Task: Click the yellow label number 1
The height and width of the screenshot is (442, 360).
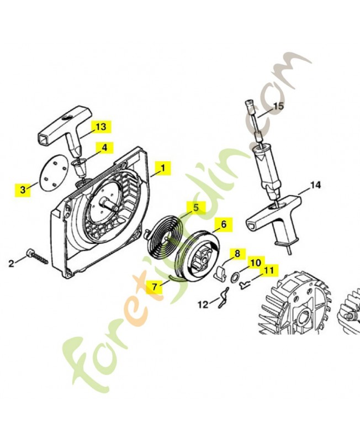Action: [163, 167]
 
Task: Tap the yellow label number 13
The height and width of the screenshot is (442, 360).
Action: [100, 127]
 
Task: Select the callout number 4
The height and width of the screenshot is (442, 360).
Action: [103, 148]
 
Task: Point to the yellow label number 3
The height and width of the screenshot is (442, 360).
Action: [23, 189]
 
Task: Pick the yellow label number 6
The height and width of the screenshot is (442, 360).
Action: [223, 224]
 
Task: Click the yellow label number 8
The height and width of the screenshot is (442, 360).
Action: [237, 254]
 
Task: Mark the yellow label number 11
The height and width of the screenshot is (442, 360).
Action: [268, 271]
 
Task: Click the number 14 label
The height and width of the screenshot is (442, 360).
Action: [315, 186]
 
